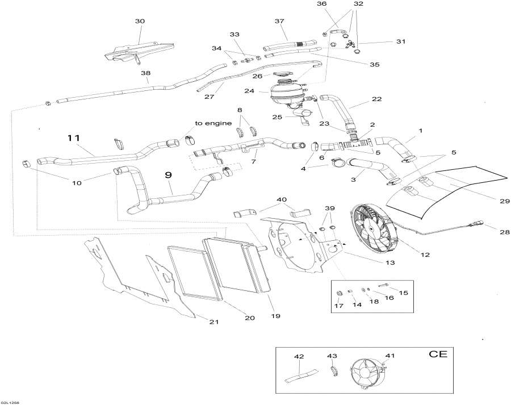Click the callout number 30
140,21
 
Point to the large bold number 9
168,176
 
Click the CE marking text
438,355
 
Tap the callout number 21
213,322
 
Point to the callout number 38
146,73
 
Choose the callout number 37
279,21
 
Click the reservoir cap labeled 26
282,74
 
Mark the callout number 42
299,356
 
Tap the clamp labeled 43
333,371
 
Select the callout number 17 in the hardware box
339,307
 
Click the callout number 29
489,201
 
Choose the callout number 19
275,315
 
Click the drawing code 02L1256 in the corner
10,401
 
